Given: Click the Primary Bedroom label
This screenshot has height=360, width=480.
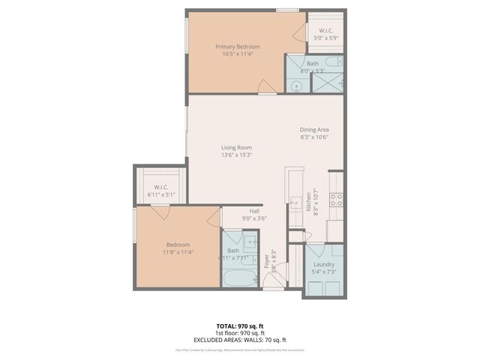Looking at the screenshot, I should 238,46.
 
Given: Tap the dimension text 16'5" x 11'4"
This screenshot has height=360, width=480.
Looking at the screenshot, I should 238,54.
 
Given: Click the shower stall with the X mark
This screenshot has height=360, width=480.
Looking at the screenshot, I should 327,83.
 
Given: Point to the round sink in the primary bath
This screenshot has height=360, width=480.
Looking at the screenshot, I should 295,86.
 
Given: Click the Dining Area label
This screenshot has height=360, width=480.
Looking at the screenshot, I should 315,130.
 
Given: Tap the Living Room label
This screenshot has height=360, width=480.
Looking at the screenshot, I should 236,148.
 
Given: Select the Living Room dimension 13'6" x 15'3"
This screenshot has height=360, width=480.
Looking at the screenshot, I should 236,155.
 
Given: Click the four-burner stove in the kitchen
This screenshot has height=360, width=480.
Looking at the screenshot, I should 337,199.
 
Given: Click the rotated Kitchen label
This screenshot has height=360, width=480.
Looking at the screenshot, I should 307,202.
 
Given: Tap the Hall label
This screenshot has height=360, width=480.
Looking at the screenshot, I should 254,211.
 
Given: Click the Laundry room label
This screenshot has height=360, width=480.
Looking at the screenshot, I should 323,264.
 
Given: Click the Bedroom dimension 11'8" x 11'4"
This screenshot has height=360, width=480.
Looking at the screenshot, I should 178,252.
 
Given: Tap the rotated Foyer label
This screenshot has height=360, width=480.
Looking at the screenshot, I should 267,262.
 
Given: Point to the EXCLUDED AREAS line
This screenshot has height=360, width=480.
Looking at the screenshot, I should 240,340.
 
